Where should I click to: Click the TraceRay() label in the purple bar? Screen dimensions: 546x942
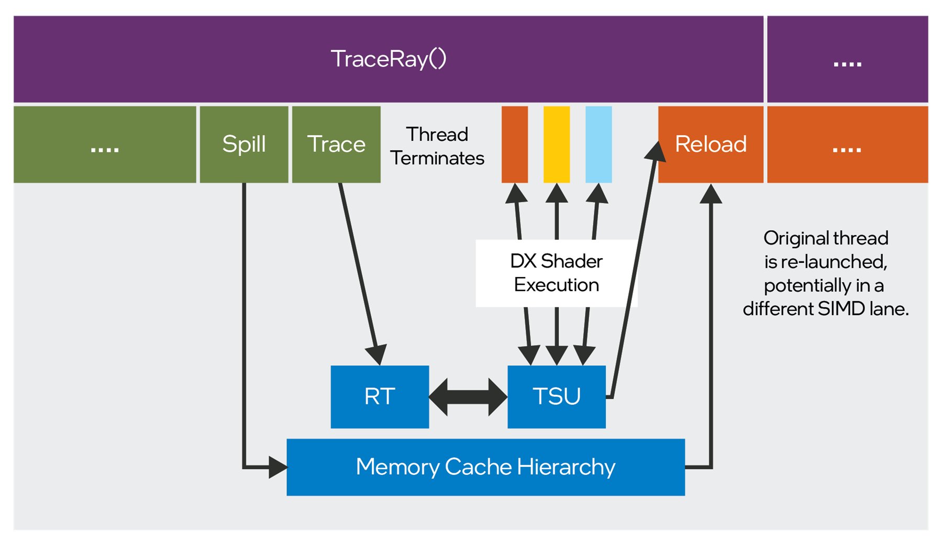click(389, 59)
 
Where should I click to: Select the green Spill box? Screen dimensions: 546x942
click(244, 144)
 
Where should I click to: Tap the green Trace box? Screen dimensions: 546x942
click(336, 144)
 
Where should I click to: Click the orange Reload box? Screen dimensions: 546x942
click(711, 144)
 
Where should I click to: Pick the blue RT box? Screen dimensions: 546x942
click(380, 396)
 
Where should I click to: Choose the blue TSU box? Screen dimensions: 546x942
click(557, 396)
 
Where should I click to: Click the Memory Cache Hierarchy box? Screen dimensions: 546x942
click(485, 466)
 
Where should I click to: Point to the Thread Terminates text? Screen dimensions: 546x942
click(437, 146)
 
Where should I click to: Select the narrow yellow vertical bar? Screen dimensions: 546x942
click(557, 144)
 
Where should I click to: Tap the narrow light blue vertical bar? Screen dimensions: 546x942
click(599, 144)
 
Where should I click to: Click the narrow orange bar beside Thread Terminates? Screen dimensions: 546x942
click(515, 144)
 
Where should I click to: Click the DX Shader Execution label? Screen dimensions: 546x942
click(556, 273)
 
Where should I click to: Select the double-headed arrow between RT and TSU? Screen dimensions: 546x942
click(468, 397)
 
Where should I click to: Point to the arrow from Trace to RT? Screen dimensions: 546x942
click(359, 272)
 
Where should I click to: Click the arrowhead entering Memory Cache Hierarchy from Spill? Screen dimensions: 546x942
click(278, 466)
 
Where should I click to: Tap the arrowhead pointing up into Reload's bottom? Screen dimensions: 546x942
click(711, 194)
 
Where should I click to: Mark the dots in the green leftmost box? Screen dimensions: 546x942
click(105, 149)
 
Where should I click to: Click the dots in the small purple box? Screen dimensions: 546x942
click(847, 64)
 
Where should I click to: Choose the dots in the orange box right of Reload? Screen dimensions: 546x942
click(847, 149)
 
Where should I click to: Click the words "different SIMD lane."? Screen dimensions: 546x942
click(826, 309)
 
